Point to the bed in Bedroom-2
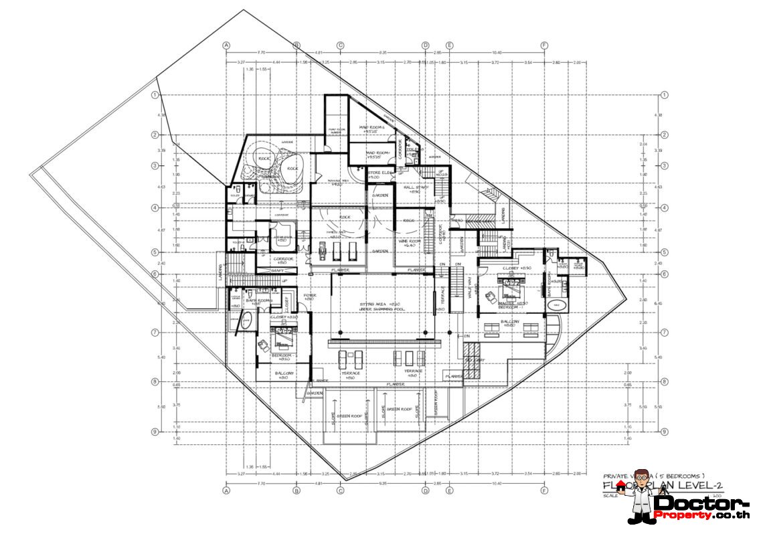tap(283, 329)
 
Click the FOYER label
tap(309, 296)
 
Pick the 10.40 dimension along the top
tap(497, 52)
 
